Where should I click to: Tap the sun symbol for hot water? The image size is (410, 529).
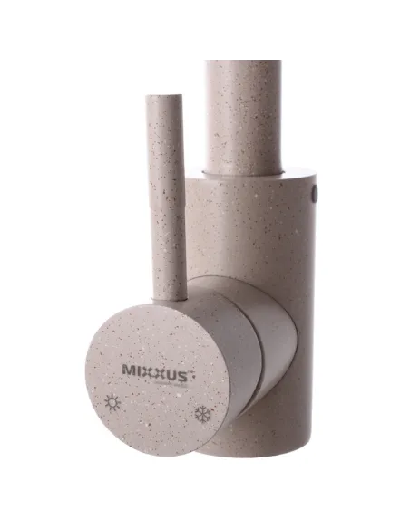113,401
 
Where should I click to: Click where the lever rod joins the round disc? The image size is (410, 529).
171,294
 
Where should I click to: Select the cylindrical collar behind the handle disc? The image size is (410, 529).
263,335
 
